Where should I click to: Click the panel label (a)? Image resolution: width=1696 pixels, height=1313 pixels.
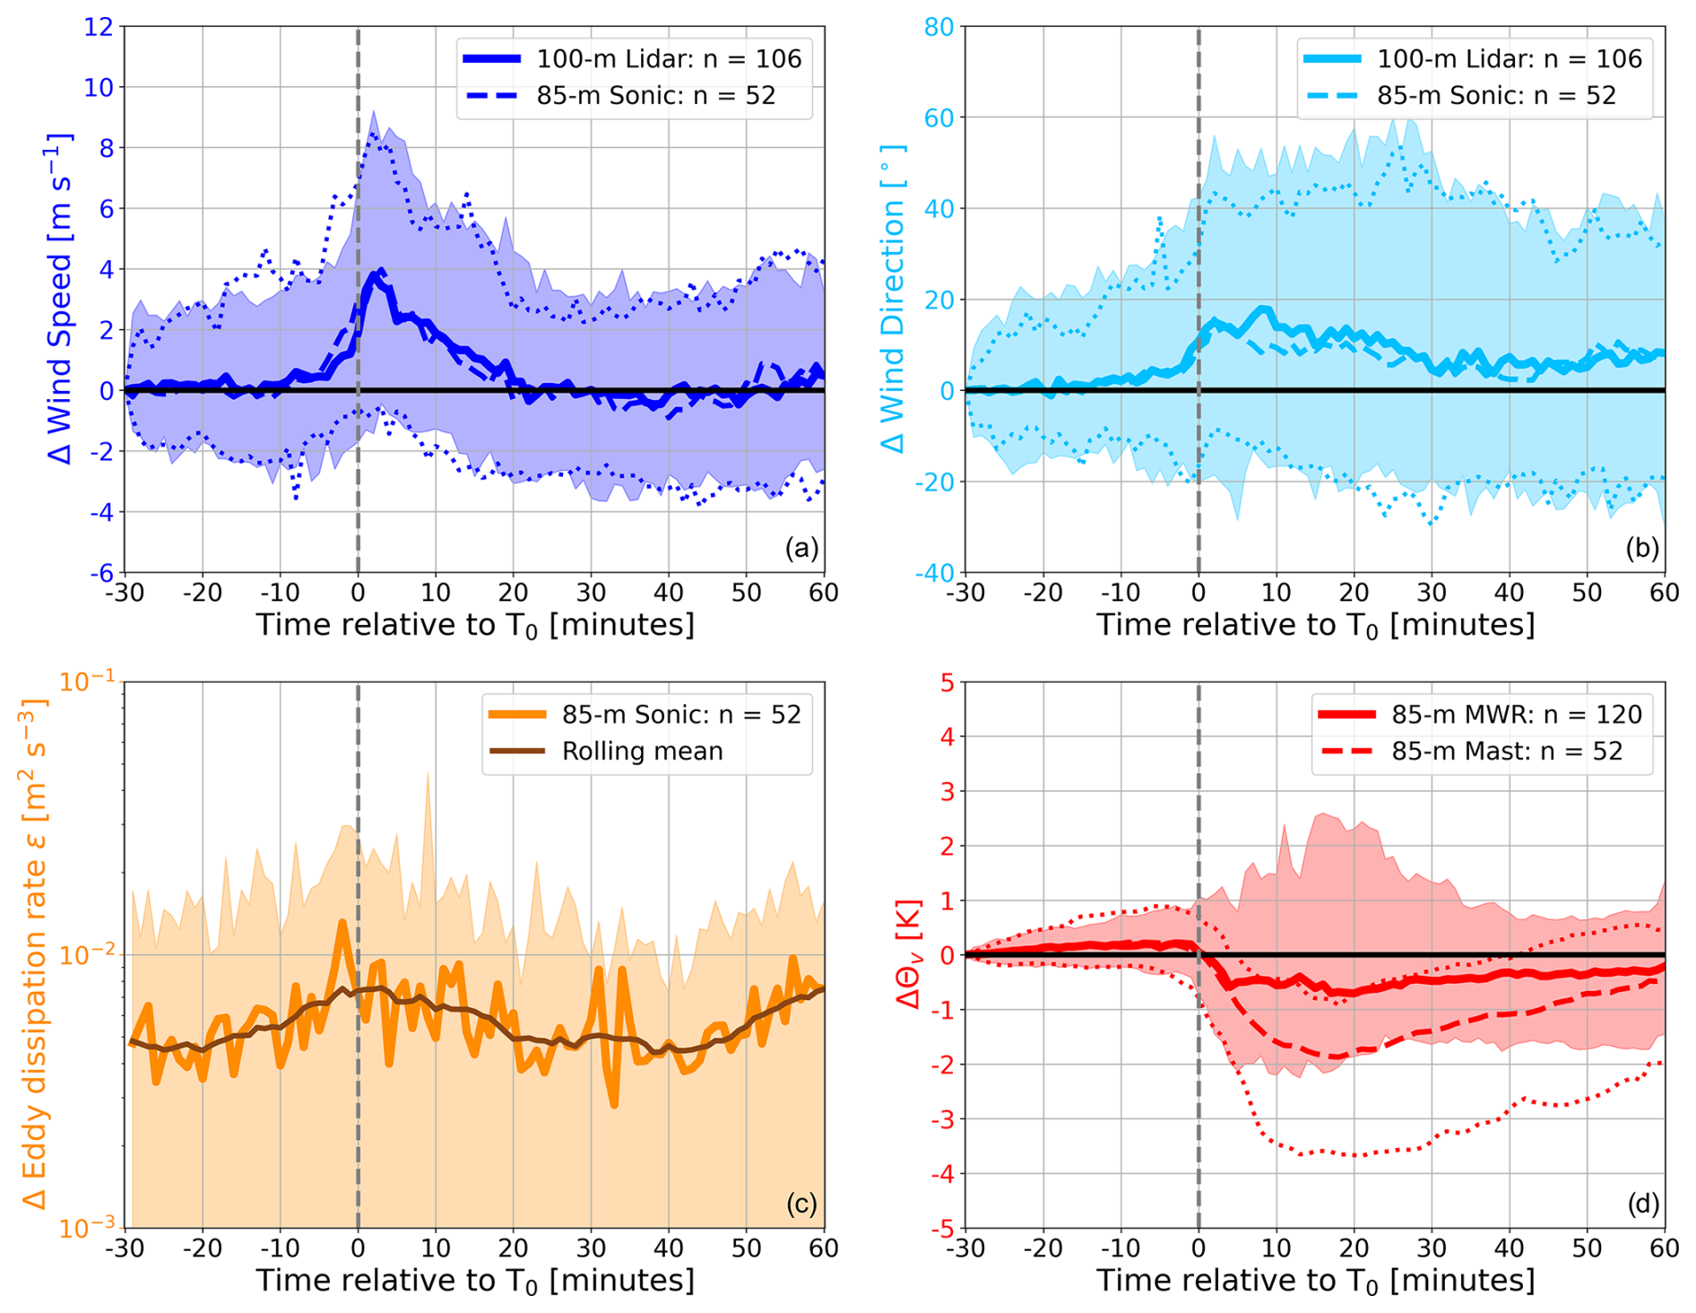[801, 548]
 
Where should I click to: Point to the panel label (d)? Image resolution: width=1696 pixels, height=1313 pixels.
[1642, 1204]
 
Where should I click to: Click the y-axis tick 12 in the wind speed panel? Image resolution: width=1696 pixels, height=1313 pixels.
[99, 27]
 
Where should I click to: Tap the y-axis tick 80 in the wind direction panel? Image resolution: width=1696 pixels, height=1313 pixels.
[939, 27]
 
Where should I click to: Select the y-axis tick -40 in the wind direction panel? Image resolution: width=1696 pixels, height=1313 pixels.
[934, 572]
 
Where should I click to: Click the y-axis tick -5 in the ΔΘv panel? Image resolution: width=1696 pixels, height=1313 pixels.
[944, 1228]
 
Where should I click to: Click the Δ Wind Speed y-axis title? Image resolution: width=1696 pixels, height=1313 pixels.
[59, 299]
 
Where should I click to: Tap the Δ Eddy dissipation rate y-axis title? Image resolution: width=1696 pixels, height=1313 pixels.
[34, 954]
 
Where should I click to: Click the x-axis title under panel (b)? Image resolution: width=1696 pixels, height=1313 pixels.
[1315, 625]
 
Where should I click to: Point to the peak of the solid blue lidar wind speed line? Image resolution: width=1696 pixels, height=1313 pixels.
[382, 270]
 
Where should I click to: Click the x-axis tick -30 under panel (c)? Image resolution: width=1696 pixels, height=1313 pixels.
[124, 1248]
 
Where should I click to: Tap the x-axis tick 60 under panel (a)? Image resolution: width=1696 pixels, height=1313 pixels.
[824, 592]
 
